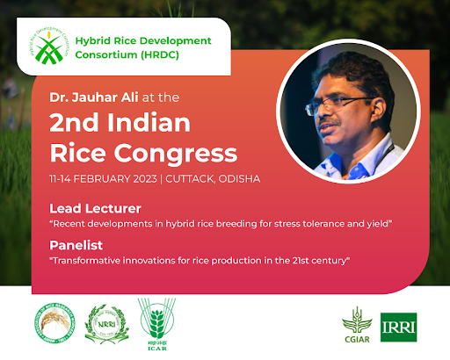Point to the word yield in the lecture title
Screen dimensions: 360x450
click(378, 224)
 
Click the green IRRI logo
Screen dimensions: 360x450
click(399, 326)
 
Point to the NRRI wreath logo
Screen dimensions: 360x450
click(101, 326)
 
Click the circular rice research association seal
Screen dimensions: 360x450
click(53, 326)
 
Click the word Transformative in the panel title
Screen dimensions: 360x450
click(89, 263)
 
